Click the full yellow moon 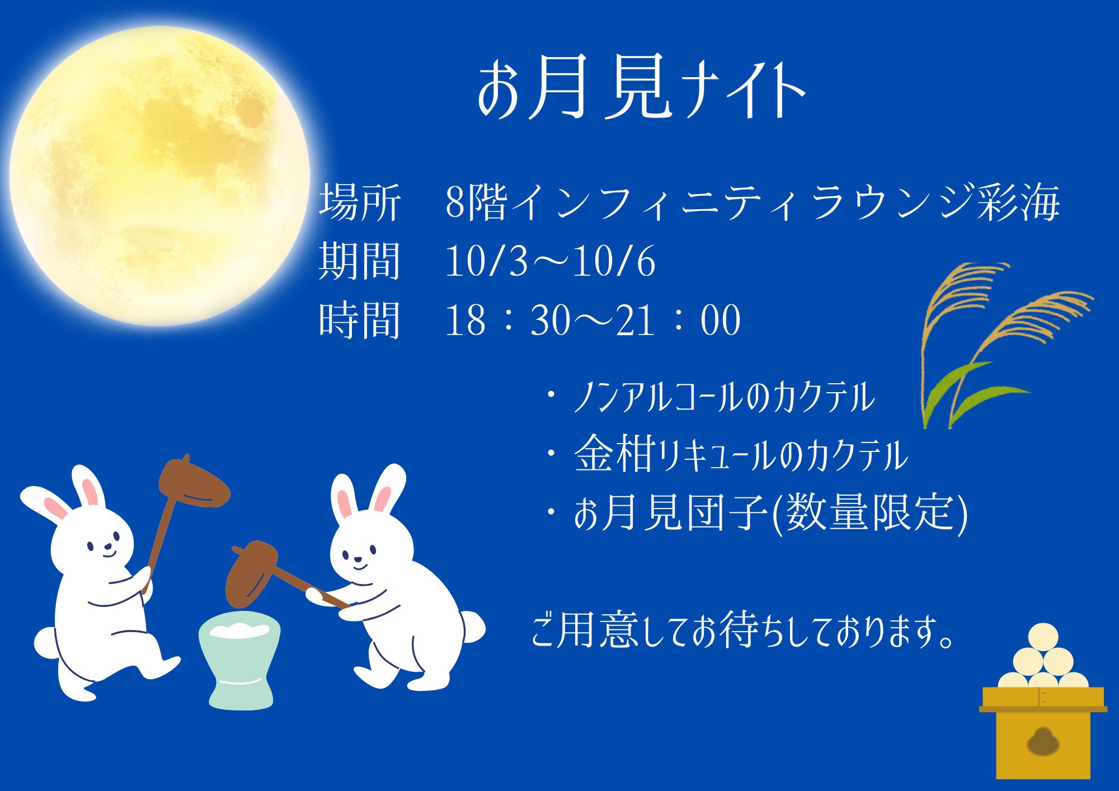[159, 176]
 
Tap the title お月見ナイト [641, 88]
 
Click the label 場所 [360, 201]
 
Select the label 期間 [360, 261]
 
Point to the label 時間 [360, 320]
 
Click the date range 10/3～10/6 [550, 261]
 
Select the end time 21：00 [678, 320]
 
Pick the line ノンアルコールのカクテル [724, 397]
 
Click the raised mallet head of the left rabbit [193, 481]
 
